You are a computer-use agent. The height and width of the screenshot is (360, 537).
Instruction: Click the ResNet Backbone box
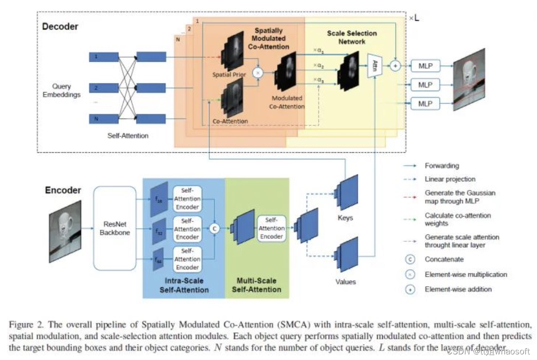(x=115, y=228)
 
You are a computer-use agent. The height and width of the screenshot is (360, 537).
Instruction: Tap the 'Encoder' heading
(x=63, y=190)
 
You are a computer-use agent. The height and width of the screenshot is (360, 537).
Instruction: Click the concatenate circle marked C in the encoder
(x=215, y=228)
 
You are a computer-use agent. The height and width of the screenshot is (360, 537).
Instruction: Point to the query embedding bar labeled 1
(x=104, y=57)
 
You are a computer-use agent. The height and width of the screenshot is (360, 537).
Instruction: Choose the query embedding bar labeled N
(x=104, y=119)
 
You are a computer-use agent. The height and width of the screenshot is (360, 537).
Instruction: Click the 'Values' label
(x=346, y=282)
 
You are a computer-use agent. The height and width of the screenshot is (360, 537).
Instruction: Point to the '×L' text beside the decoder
(x=413, y=18)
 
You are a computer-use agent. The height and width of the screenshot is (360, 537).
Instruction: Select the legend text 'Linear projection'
(x=450, y=179)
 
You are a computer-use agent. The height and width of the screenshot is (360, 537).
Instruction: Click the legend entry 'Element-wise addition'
(x=458, y=289)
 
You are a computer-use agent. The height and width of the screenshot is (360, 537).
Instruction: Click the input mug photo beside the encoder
(x=65, y=230)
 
